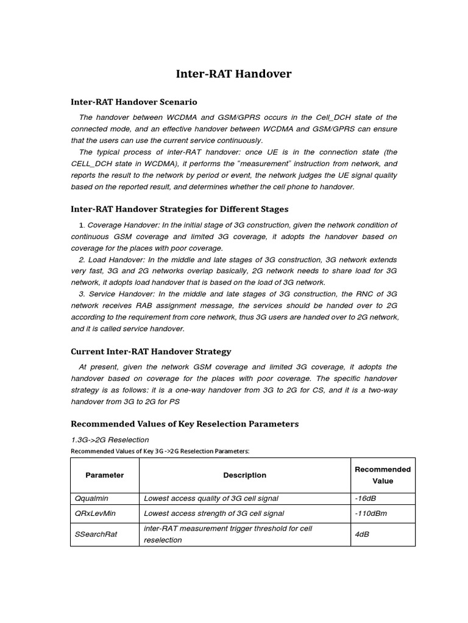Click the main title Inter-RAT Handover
pos(233,74)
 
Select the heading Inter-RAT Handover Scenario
pos(134,102)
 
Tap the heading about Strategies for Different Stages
pos(180,209)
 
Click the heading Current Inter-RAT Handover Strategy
pos(151,352)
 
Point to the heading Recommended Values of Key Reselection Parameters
pos(185,423)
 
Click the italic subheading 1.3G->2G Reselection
pos(110,439)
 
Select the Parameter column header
pos(105,475)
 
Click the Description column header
pos(244,475)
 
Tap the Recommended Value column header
pos(383,475)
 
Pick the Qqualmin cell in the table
pos(91,498)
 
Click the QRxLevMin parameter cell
pos(95,513)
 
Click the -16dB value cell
pos(365,498)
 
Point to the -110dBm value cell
pos(370,513)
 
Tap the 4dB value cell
pos(361,534)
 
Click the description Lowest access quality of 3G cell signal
pos(211,498)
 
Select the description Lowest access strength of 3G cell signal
pos(213,513)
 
